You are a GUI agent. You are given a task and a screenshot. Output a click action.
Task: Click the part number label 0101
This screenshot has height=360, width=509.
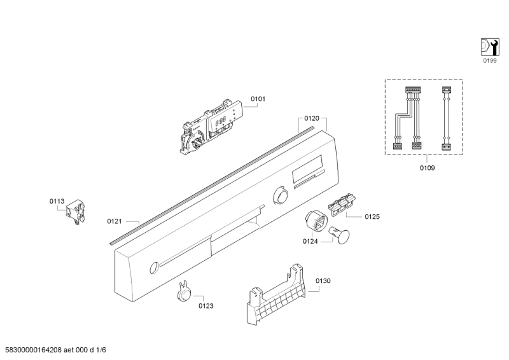click(258, 99)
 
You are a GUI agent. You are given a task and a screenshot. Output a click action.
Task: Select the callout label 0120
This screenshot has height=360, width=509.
click(311, 119)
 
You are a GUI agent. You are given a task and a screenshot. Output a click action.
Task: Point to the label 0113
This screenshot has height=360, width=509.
click(57, 202)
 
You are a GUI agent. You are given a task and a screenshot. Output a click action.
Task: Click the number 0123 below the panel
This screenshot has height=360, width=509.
click(206, 306)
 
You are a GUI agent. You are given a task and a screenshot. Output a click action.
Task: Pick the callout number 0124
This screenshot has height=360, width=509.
click(310, 242)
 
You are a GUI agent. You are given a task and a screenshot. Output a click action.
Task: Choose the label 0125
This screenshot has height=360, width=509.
click(372, 217)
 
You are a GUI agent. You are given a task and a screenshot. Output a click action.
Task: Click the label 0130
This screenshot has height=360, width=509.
click(323, 280)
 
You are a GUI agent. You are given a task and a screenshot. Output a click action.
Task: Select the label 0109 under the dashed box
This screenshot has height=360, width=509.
click(426, 168)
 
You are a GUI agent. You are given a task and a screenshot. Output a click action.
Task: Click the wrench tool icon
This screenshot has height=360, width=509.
click(489, 46)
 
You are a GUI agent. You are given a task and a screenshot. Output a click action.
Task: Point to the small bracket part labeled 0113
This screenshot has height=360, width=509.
click(78, 211)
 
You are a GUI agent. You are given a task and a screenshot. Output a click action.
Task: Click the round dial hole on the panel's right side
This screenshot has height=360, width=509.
click(279, 195)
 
